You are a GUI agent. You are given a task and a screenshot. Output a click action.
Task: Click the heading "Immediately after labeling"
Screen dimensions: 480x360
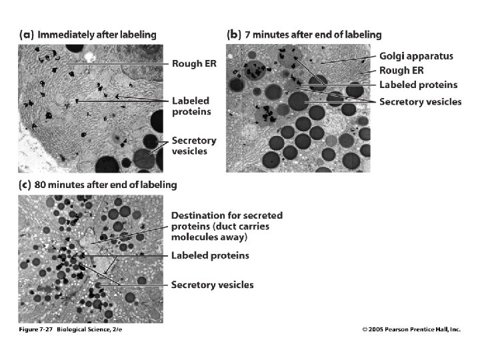click(97, 34)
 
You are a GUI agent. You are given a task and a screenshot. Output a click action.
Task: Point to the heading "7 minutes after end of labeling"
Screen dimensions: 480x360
click(313, 34)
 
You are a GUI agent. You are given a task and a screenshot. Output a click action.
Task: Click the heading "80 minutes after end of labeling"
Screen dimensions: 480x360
click(107, 184)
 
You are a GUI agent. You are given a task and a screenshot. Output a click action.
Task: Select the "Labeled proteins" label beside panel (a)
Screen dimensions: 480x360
click(191, 106)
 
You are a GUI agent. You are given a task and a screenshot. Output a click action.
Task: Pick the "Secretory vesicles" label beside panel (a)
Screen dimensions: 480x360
click(194, 146)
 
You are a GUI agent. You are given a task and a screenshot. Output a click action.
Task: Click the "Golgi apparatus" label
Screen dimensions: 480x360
click(416, 57)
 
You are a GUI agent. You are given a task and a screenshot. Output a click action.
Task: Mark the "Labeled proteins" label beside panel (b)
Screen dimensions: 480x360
click(418, 85)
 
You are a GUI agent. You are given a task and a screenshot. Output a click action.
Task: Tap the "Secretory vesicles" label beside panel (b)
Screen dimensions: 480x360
click(420, 101)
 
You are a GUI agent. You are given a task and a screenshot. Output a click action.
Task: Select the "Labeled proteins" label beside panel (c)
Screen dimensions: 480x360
click(210, 255)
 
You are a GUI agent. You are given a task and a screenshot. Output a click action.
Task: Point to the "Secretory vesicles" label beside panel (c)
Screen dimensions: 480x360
click(212, 285)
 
